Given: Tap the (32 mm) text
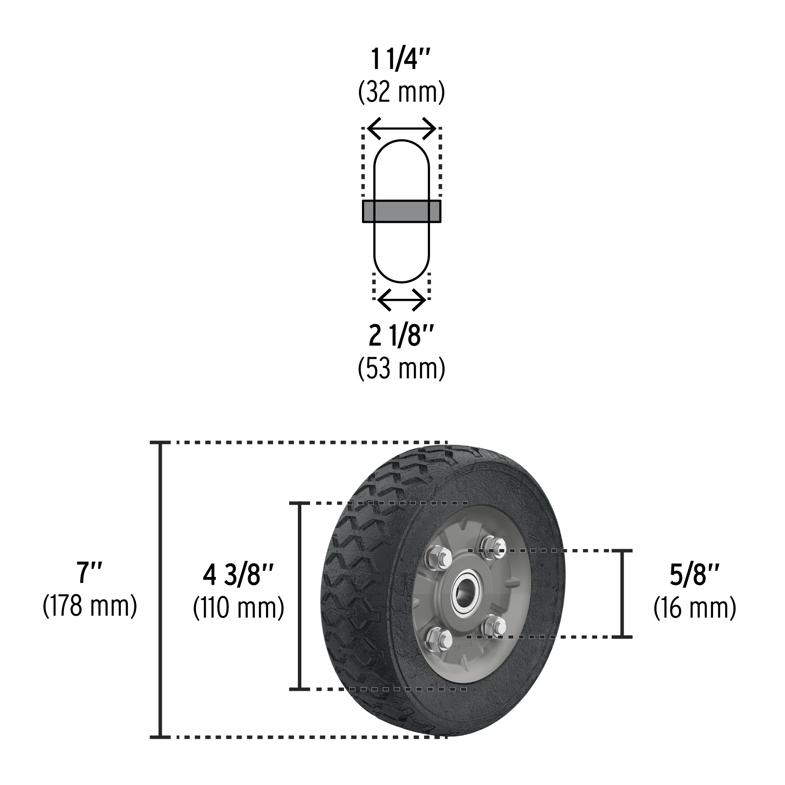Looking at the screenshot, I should pos(401,92).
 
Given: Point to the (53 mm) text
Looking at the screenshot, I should pos(401,369).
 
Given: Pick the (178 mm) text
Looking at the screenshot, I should pos(90,606).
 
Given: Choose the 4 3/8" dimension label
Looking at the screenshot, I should pos(238,576).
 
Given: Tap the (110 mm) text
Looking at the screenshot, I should pos(238,608).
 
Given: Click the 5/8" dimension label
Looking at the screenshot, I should pos(694,576).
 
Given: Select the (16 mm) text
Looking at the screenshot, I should pos(694,608).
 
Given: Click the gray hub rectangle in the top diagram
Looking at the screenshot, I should pos(401,211).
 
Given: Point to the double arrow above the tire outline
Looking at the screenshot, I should pos(401,128).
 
